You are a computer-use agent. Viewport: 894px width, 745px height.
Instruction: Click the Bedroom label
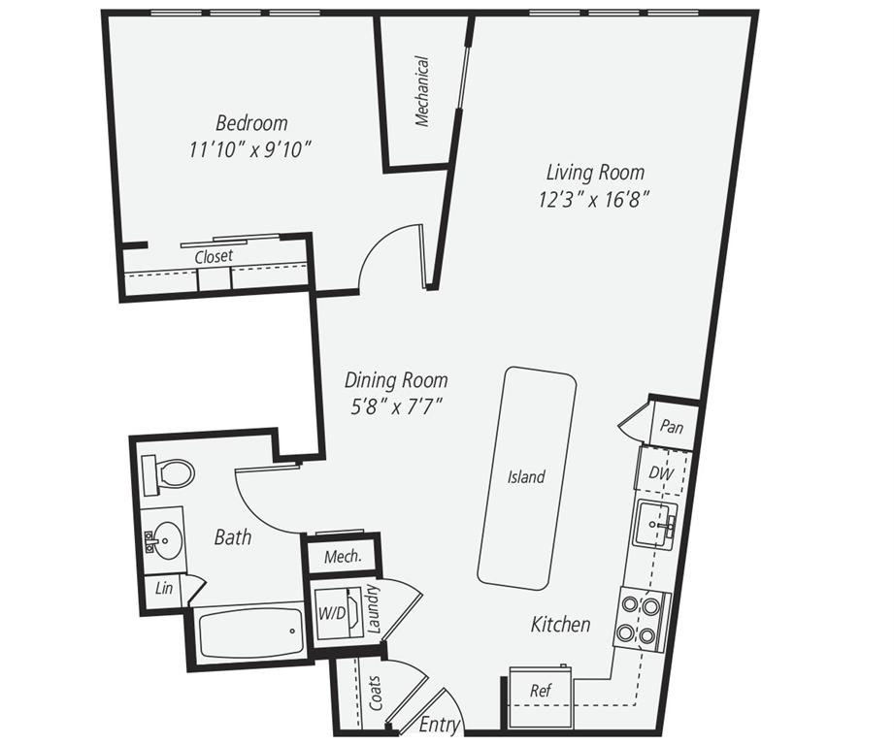point(251,123)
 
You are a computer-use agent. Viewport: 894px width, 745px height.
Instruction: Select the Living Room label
point(594,173)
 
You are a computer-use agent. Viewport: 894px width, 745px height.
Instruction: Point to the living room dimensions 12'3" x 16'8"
point(594,199)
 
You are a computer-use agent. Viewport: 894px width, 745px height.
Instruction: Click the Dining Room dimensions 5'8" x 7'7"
point(397,406)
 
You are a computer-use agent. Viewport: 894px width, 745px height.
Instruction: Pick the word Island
point(526,477)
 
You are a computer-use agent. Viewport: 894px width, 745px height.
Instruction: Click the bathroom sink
point(164,536)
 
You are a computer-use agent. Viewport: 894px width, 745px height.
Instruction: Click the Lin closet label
point(164,590)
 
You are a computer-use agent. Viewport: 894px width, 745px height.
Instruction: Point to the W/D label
point(331,613)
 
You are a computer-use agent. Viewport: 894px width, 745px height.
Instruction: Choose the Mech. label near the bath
point(343,557)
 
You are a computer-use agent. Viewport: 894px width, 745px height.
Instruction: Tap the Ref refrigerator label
point(541,691)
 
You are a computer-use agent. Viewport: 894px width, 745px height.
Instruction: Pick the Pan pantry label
point(670,427)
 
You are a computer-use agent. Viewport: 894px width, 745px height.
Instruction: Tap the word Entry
point(439,724)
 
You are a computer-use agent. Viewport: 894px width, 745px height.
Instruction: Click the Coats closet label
point(377,694)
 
